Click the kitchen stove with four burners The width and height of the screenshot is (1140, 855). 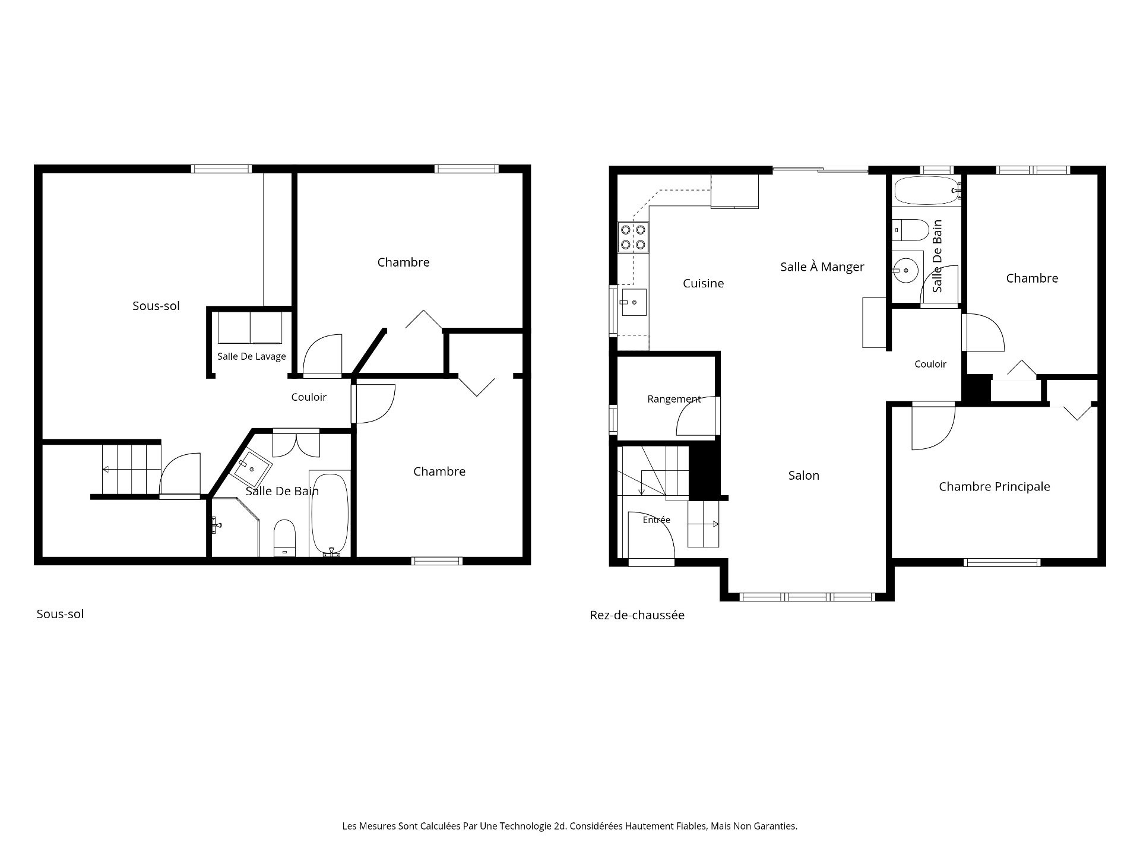point(633,236)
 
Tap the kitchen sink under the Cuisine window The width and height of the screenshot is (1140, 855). point(634,303)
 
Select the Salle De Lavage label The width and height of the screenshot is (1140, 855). point(252,356)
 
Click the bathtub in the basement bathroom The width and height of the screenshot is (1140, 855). point(330,514)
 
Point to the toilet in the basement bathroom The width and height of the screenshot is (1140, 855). point(284,539)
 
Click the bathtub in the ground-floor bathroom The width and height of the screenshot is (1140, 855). point(927,190)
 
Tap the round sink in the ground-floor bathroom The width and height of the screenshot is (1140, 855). point(905,271)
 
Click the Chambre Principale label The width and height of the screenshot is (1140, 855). point(995,487)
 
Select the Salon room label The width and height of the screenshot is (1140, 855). point(804,476)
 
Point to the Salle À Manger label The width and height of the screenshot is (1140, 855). point(822,267)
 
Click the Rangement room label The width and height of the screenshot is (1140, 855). point(674,399)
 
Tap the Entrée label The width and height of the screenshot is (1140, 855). point(657,520)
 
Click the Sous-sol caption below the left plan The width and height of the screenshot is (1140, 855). point(60,614)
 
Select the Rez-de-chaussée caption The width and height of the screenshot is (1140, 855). point(637,615)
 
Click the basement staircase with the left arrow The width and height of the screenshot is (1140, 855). point(131,469)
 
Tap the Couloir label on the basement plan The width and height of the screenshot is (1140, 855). point(309,397)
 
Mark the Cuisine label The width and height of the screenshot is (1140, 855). point(704,284)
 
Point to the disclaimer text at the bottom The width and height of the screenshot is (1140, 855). point(570,826)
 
